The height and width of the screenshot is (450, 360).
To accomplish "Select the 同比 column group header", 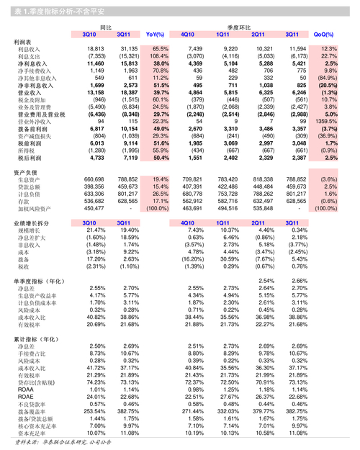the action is point(106,26).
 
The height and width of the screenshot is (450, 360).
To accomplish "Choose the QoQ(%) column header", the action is point(324,34).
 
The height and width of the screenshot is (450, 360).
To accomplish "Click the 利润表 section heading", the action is point(22,42).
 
